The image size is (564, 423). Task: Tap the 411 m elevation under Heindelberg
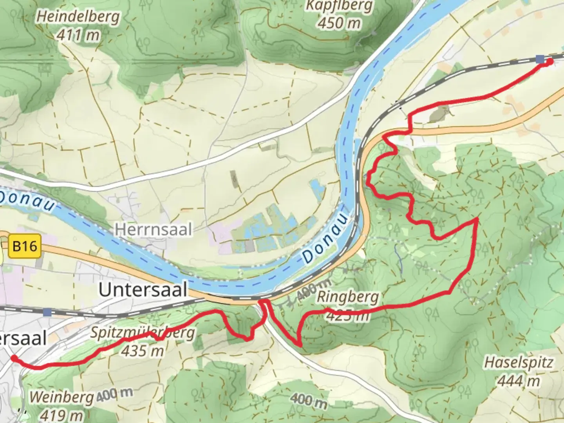point(78,36)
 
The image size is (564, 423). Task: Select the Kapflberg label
point(339,6)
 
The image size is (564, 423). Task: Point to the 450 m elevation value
point(339,23)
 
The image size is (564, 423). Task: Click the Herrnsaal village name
point(153,230)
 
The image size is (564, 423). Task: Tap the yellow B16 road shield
point(25,246)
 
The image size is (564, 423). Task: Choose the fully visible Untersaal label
point(143,290)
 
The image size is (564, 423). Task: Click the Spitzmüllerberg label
point(143,333)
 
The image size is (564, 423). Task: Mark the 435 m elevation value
point(143,351)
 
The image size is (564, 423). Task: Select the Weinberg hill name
point(62,398)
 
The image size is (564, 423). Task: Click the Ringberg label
point(348,297)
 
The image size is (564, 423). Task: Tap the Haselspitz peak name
point(519,362)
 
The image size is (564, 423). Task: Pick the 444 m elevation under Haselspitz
point(519,380)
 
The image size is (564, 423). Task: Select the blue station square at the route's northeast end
point(540,59)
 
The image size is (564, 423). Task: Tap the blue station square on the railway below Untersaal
point(47,312)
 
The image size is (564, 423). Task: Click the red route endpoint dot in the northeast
point(550,61)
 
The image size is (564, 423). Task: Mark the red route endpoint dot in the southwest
point(14,358)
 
